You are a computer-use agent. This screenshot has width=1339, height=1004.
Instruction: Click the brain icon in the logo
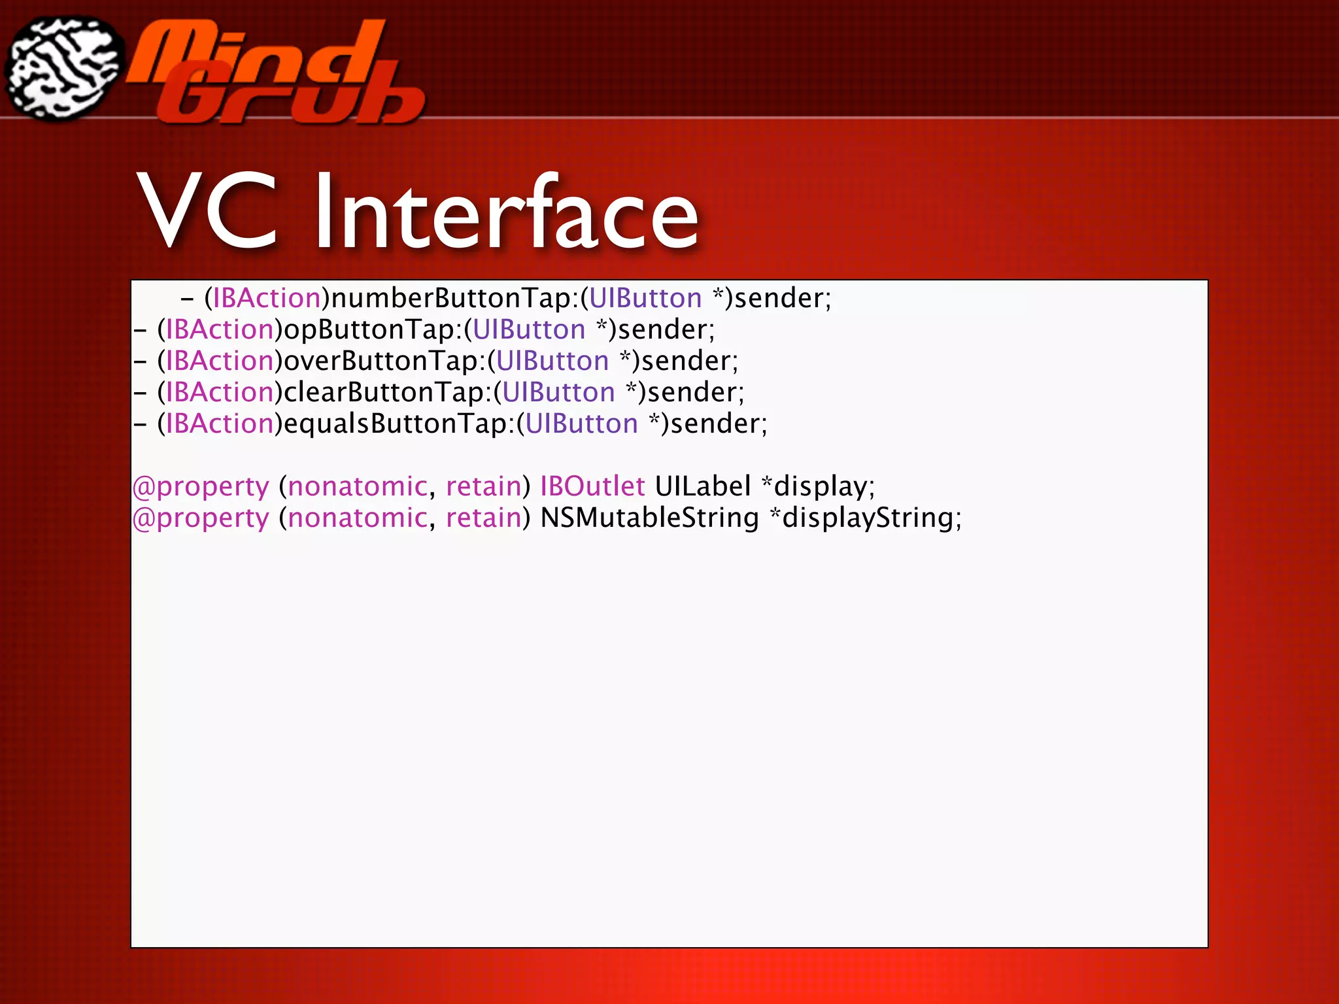[63, 67]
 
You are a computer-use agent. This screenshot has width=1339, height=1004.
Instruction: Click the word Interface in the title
[506, 212]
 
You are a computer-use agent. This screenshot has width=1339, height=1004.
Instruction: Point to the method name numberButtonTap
[451, 299]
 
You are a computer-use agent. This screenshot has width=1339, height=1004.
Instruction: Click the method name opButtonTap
[369, 330]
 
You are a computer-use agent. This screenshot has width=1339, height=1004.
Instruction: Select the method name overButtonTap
[381, 361]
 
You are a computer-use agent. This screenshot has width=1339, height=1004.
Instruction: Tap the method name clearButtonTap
[384, 393]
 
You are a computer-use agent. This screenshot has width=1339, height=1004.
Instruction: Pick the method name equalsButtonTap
[396, 424]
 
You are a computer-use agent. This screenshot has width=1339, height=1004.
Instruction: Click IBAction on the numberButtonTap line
[267, 299]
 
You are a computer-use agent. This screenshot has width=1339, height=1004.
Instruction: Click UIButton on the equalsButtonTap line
[581, 424]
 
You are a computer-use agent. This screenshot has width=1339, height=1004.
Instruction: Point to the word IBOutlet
[592, 487]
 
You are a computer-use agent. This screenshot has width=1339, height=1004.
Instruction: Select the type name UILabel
[703, 487]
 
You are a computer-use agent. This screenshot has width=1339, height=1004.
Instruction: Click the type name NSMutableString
[649, 518]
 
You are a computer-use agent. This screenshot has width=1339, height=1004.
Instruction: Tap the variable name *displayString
[865, 518]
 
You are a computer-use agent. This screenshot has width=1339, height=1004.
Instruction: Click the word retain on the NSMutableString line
[483, 518]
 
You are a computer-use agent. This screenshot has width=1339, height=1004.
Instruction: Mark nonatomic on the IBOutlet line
[357, 487]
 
